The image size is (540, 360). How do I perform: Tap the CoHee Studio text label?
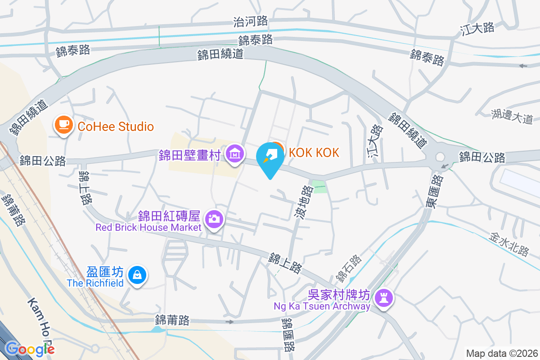(x=116, y=126)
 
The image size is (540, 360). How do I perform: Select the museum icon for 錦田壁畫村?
(x=234, y=153)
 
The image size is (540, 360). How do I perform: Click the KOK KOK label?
(x=314, y=153)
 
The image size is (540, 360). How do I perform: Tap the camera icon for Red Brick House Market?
(x=214, y=219)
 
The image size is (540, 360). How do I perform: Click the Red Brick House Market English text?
(x=148, y=227)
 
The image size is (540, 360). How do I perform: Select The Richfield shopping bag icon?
(x=137, y=274)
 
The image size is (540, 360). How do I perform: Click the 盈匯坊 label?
(x=105, y=272)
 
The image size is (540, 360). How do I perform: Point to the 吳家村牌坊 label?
(x=339, y=295)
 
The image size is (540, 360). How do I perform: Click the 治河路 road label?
(x=251, y=21)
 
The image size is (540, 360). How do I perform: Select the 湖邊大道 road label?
(x=512, y=116)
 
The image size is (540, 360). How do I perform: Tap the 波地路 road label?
(x=304, y=203)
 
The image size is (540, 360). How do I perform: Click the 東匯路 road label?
(x=434, y=191)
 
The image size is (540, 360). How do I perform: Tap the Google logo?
(x=30, y=348)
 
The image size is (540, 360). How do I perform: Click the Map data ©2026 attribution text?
(x=501, y=353)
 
